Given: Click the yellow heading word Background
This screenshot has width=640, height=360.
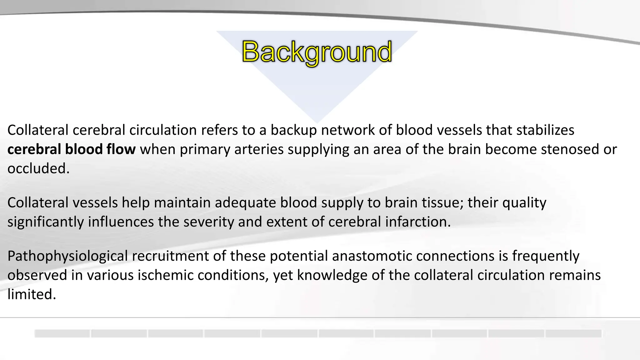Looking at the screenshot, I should pos(317,52).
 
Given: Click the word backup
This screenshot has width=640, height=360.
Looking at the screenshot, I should pos(293,130).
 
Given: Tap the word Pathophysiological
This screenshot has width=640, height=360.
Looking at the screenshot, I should pos(67,256).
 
